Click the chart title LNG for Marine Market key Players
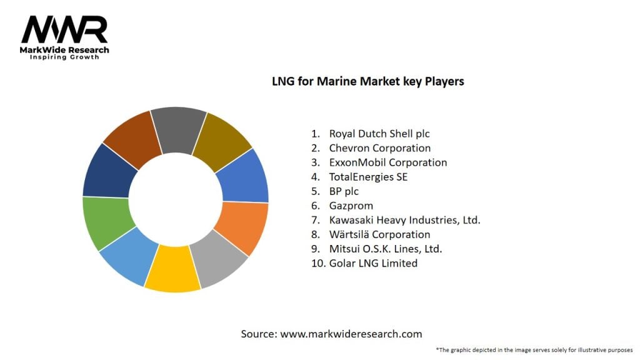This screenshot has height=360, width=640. [367, 81]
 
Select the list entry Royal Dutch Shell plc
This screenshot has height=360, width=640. [379, 133]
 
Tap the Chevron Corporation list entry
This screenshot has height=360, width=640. [379, 148]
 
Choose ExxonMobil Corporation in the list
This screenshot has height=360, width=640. [387, 162]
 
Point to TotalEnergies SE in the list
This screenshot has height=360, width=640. [368, 177]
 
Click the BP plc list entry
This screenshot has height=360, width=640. [344, 191]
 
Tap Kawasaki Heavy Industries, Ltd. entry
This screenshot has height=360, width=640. [404, 220]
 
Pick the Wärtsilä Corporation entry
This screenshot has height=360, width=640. [379, 234]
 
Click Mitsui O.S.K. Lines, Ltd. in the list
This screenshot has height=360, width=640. [386, 249]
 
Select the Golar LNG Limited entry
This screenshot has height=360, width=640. [373, 263]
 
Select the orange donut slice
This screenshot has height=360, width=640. [243, 227]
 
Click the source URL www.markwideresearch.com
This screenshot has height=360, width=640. [351, 334]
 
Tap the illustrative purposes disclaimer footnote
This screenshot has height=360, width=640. [534, 350]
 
